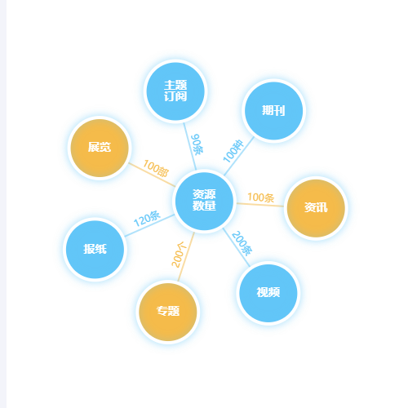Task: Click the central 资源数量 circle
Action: [204, 201]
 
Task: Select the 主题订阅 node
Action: [175, 91]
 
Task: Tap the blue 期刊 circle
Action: [273, 111]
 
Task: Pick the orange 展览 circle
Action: [100, 148]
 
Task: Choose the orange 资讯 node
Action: [316, 208]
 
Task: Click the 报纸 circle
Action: [95, 250]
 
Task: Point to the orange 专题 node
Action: [168, 312]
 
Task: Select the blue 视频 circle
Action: [268, 293]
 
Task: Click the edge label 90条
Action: [197, 144]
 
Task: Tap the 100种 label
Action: [233, 151]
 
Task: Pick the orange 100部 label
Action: [156, 168]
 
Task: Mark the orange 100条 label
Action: [260, 197]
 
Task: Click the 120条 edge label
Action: [147, 219]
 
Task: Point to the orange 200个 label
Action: [180, 255]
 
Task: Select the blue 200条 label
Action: [242, 243]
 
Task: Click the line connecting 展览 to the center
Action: [152, 175]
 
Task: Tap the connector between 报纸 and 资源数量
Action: [149, 225]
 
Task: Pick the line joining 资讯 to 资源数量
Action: [260, 205]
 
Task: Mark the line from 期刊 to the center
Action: [239, 156]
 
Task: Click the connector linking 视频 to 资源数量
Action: [236, 247]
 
